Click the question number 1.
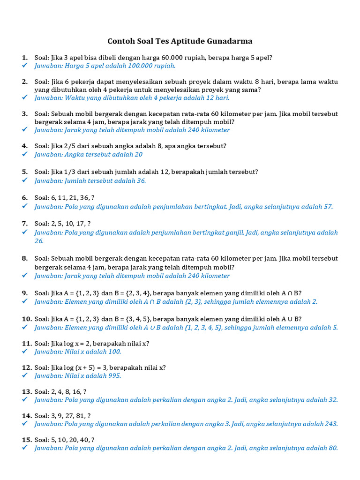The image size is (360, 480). coord(24,58)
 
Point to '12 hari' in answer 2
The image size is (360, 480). coord(217,98)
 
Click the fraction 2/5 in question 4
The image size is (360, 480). coord(69,146)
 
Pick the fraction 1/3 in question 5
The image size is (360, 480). coord(69,172)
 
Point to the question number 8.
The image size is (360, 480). coord(24,258)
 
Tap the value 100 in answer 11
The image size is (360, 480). coord(114,352)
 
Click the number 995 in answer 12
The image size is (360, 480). coord(114,376)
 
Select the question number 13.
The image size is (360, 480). coord(26,391)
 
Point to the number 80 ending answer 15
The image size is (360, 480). coord(332,448)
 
